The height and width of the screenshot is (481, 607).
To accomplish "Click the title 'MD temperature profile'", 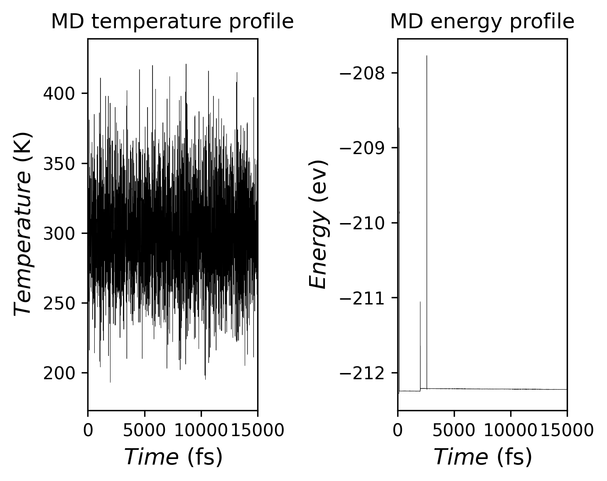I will [x=172, y=22].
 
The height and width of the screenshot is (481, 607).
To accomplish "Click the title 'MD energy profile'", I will [x=482, y=22].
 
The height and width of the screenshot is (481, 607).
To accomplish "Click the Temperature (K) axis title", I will [x=23, y=223].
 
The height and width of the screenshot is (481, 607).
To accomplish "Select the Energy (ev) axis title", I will [x=319, y=223].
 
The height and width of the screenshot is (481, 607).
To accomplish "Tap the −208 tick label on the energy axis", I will [x=363, y=74].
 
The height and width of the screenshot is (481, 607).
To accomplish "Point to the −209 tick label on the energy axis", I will [x=363, y=148].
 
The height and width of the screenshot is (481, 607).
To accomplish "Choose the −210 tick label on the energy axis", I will [x=363, y=223].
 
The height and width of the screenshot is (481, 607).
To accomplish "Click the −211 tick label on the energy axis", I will [x=363, y=298].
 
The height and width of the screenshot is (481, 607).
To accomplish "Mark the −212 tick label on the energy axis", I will [x=363, y=373].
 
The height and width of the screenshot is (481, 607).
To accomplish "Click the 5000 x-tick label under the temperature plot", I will [x=145, y=431].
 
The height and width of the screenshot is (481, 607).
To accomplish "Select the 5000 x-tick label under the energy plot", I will [x=454, y=431].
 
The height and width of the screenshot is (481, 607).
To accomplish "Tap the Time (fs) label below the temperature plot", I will [x=173, y=457].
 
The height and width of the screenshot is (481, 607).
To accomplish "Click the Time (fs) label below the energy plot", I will [x=483, y=457].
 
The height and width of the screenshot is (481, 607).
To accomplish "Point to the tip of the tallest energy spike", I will [x=427, y=56].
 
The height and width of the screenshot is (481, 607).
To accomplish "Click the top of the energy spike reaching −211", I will [x=420, y=302].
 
